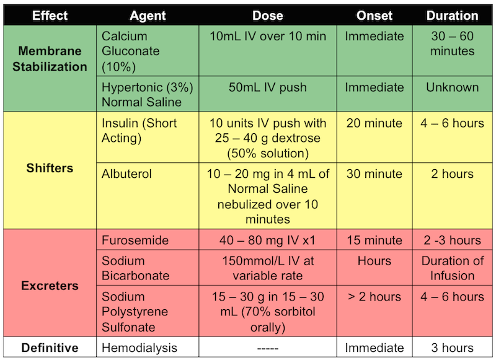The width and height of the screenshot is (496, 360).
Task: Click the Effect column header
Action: (50, 15)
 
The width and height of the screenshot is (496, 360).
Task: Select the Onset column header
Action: (374, 15)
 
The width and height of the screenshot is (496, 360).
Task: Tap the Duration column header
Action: (452, 15)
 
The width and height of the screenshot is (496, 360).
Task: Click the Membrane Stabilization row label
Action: (50, 59)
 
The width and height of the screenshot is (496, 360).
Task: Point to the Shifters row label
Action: (50, 169)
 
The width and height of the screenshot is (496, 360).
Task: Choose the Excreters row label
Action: (50, 286)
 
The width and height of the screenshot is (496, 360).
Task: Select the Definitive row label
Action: (50, 348)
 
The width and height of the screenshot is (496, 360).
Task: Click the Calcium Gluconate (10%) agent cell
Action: (131, 51)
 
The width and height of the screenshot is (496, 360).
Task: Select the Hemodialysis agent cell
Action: (139, 348)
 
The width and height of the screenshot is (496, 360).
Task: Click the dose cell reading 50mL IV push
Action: (268, 87)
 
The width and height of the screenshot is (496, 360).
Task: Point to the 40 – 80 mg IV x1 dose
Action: (268, 240)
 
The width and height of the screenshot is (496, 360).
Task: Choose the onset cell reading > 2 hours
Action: (374, 297)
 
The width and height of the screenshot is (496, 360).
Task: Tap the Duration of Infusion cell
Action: (452, 268)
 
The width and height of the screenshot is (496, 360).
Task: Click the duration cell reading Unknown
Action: (452, 87)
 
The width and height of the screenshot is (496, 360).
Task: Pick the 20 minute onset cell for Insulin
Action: (374, 123)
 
